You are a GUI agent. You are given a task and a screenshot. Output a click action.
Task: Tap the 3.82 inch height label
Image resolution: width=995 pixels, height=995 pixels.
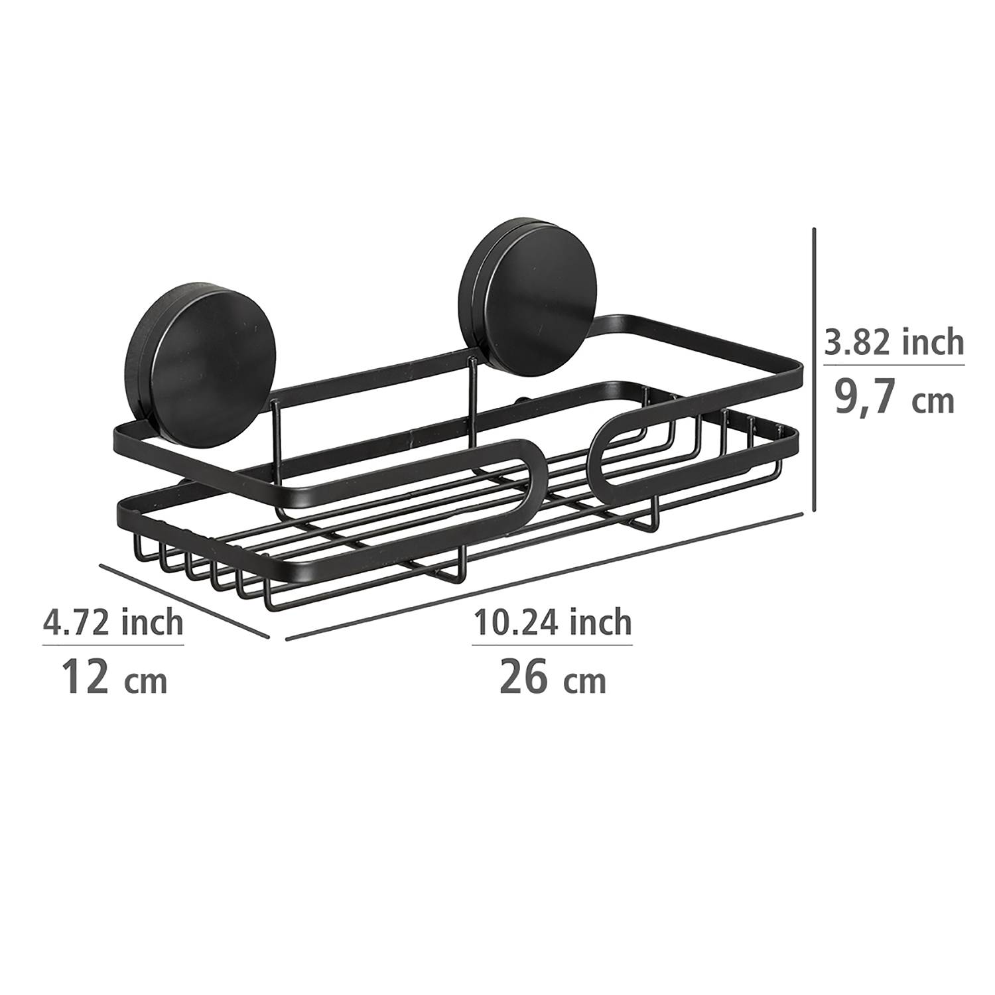[893, 342]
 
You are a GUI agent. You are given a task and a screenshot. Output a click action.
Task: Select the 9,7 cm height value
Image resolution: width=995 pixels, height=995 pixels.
[893, 399]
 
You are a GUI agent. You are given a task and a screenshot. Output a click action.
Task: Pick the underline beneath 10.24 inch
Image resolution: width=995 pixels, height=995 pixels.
[552, 644]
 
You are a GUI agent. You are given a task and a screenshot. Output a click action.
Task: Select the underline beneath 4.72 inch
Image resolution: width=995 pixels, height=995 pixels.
[113, 644]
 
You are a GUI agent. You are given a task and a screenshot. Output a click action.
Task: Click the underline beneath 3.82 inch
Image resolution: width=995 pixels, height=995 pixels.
[893, 364]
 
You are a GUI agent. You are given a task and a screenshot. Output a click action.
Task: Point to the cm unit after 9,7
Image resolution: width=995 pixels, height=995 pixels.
[932, 403]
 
